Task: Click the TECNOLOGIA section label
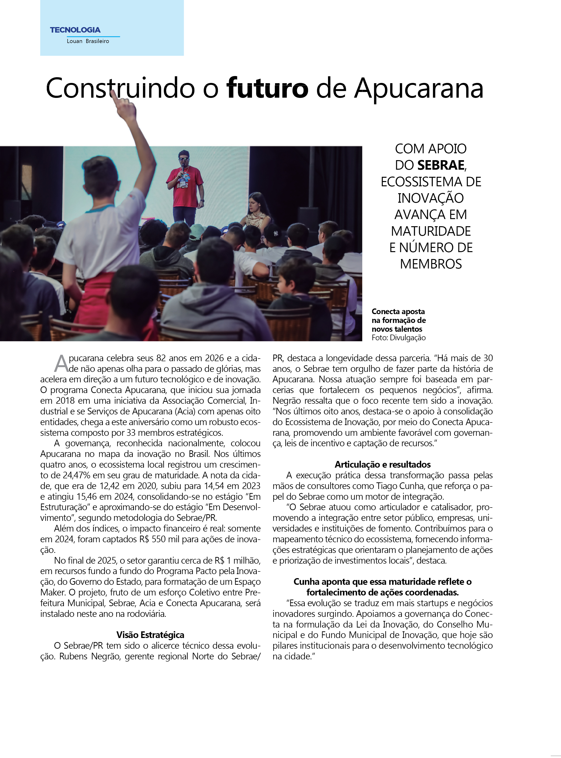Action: (75, 30)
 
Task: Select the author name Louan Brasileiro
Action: (88, 41)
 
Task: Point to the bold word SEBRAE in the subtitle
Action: (440, 165)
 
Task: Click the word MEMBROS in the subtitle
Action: (431, 264)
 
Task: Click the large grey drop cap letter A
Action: (61, 364)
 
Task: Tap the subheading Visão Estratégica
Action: (150, 634)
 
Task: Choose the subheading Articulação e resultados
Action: (382, 465)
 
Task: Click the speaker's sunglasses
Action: (184, 159)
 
